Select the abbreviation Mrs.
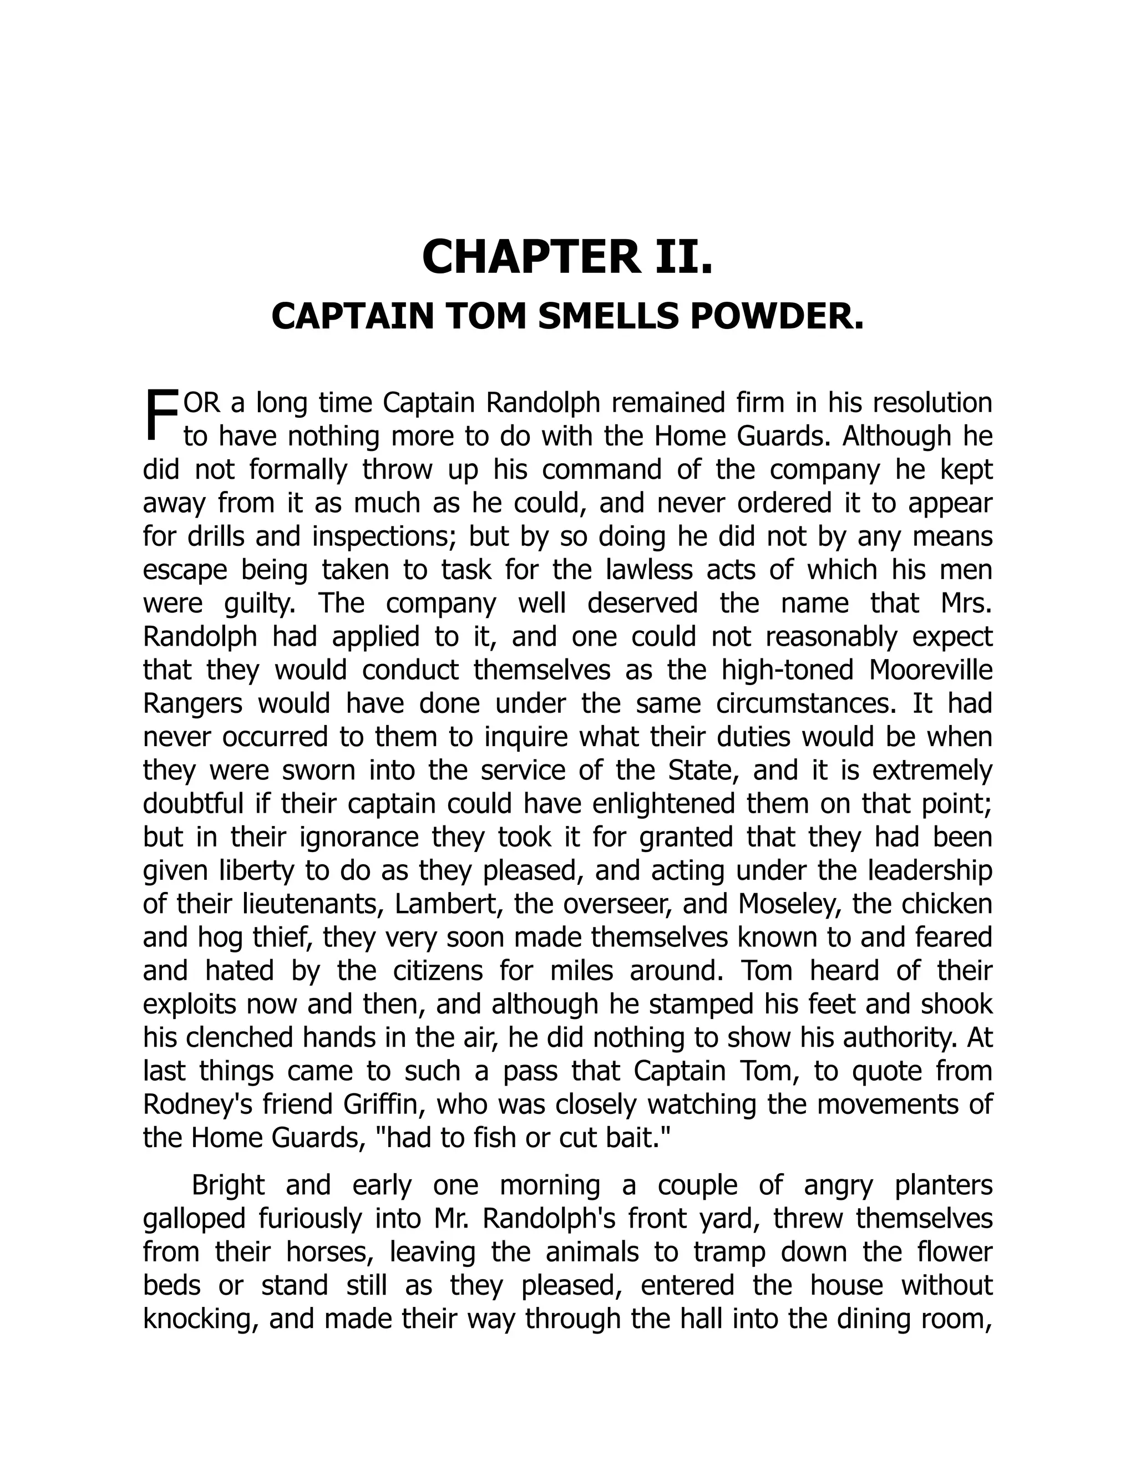click(x=966, y=603)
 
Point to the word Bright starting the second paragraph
click(x=228, y=1185)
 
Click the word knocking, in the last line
click(x=201, y=1319)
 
